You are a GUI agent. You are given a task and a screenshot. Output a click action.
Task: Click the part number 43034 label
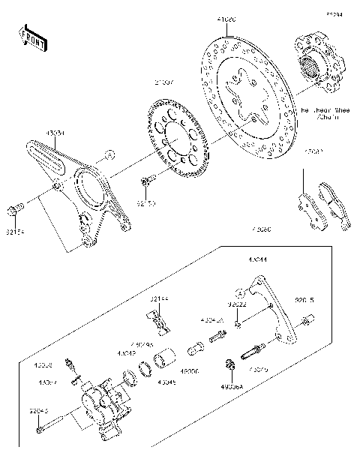[55, 133]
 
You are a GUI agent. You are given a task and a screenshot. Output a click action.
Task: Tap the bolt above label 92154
[15, 207]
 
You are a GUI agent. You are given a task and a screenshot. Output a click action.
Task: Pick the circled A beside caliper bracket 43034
[109, 155]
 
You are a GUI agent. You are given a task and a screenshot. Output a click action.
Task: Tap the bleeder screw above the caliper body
[70, 364]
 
